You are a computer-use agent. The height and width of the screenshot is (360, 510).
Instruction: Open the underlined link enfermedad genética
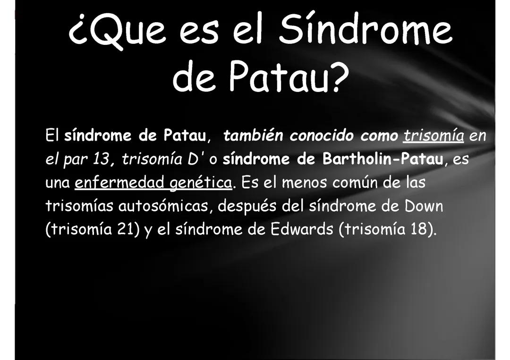pos(154,183)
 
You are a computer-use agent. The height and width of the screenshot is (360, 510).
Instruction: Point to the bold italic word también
pos(253,135)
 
